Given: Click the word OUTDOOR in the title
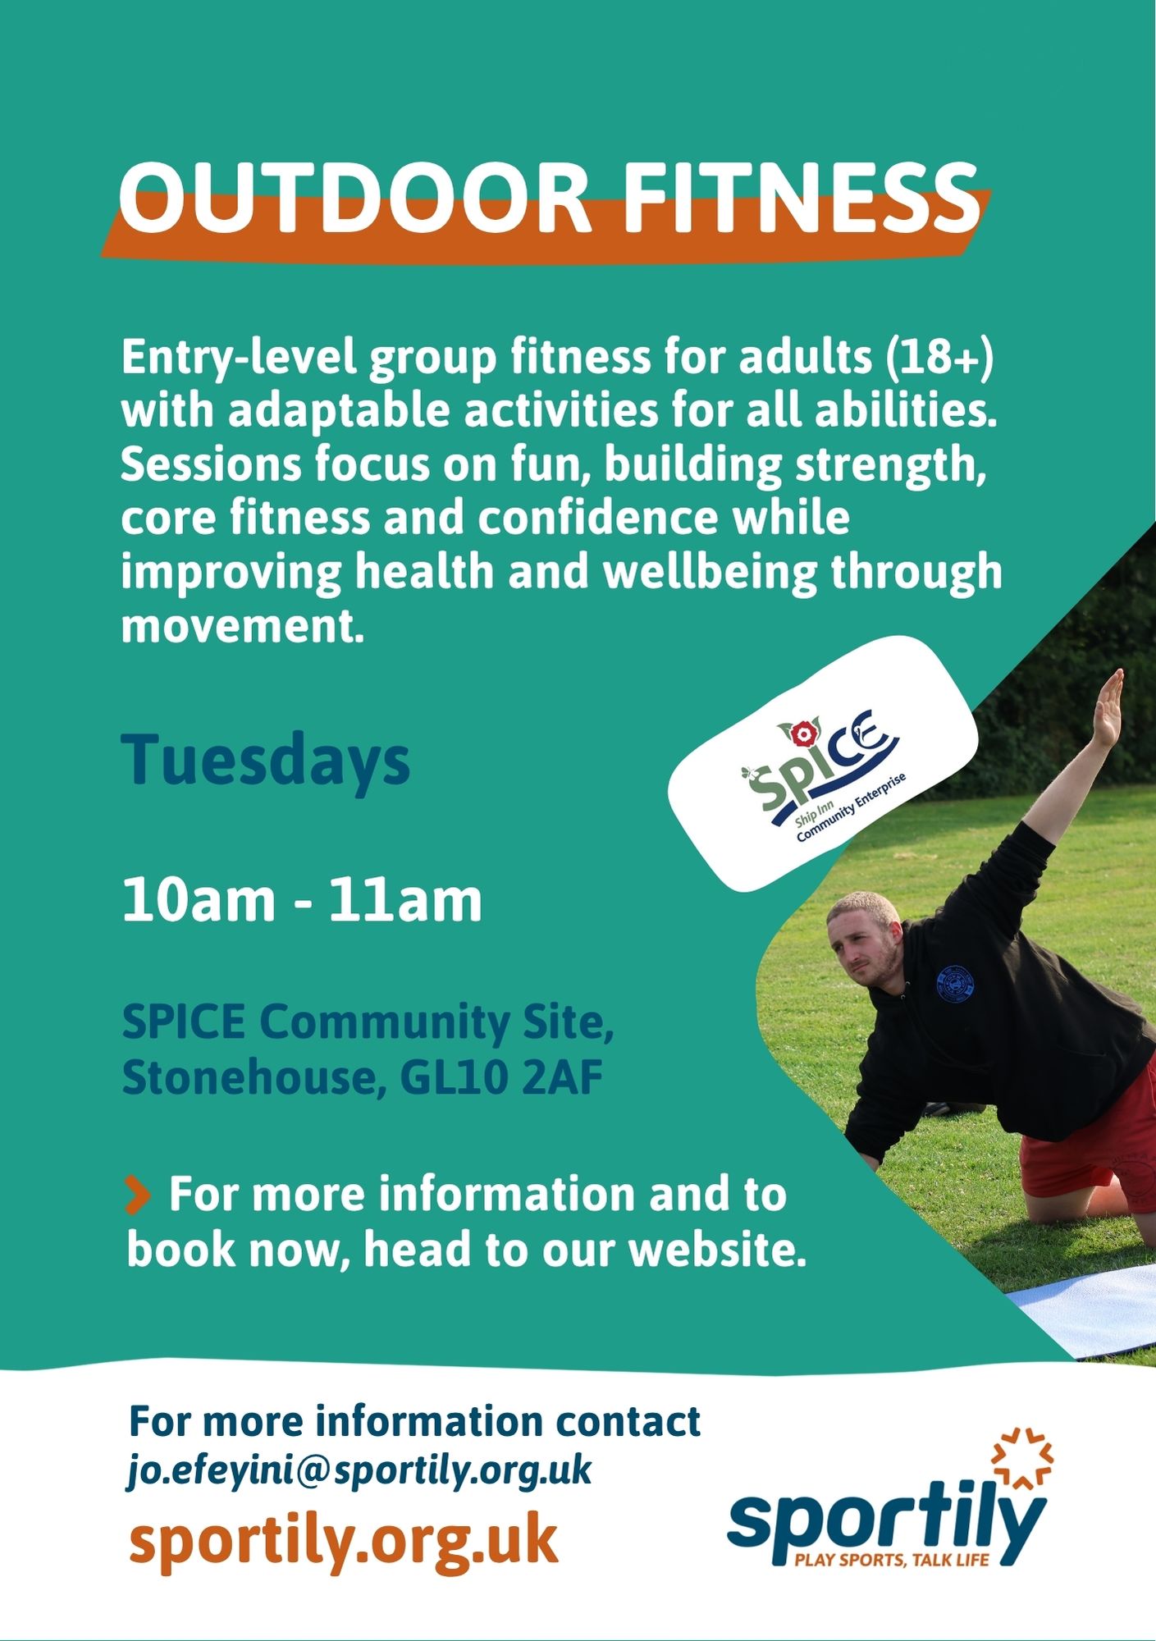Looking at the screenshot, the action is [354, 198].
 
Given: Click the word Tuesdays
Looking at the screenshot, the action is [266, 760].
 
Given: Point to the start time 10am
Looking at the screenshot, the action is [199, 900].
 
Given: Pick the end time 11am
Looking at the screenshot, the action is [405, 900].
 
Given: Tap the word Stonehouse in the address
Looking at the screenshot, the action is [254, 1078].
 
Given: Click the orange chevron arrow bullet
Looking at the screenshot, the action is [137, 1194].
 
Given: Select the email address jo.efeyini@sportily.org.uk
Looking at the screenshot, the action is [359, 1470].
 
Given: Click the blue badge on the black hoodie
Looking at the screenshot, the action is [954, 984].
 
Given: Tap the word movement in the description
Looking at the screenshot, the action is [242, 627].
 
